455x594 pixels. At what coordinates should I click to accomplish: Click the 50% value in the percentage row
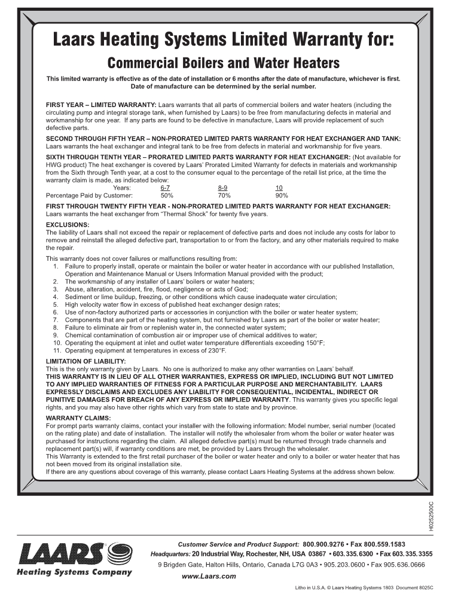[x=167, y=195]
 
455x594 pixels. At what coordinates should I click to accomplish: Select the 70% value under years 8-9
[x=224, y=195]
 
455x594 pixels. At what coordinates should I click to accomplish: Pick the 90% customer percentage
[x=281, y=195]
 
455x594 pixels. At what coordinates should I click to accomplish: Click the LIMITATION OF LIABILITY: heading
[x=85, y=361]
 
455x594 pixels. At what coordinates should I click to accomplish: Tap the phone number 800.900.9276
[x=337, y=544]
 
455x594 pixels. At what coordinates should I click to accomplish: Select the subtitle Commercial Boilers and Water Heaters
[x=215, y=63]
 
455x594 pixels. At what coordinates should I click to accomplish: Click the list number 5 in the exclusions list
[x=55, y=304]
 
